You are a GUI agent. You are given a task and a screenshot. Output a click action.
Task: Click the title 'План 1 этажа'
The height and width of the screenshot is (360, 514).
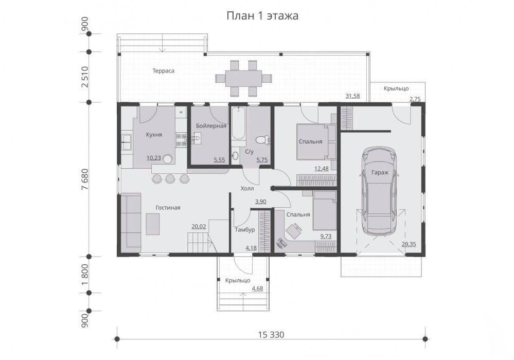[262, 16]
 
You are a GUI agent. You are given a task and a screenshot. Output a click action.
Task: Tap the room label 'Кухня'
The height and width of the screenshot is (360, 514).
[154, 135]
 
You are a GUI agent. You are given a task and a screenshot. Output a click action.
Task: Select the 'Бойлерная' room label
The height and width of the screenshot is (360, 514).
[211, 126]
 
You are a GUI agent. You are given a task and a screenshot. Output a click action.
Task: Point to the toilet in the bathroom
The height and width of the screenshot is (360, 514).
[262, 140]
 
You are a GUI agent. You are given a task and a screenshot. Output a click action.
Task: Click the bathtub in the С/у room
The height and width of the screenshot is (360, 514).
[238, 124]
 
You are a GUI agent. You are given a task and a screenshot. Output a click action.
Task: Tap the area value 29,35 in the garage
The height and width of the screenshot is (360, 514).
[409, 244]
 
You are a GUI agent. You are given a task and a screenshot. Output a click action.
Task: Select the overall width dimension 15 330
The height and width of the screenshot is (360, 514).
[271, 335]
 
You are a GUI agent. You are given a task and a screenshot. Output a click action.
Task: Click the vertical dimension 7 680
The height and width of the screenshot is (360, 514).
[85, 179]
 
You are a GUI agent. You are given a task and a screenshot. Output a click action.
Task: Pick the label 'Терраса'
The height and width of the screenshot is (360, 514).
[163, 71]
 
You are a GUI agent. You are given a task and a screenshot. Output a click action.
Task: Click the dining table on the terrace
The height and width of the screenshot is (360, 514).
[243, 78]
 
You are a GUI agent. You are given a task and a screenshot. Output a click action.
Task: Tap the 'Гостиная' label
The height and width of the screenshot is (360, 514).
[168, 208]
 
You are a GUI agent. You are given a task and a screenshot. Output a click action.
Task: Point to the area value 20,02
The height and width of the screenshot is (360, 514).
[199, 226]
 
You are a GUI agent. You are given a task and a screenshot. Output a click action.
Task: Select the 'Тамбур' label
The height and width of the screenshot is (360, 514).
[245, 229]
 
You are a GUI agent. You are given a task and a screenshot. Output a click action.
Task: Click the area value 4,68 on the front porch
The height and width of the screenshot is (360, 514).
[257, 289]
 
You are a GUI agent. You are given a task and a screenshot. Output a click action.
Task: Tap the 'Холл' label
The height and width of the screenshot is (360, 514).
[247, 188]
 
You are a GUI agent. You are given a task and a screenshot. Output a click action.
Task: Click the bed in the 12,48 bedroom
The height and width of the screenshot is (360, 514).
[312, 141]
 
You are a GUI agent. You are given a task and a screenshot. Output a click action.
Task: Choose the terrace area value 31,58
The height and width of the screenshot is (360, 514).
[353, 96]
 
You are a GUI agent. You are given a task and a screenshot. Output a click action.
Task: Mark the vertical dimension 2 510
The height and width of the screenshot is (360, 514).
[85, 77]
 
